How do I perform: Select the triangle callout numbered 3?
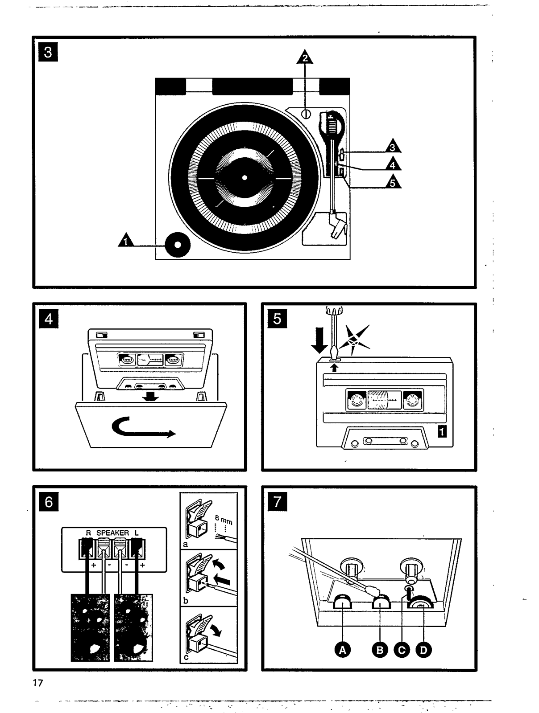[x=392, y=148]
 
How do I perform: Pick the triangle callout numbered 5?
[x=392, y=182]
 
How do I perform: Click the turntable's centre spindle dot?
[x=244, y=178]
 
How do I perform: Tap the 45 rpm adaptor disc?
[x=177, y=245]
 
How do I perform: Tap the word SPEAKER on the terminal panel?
[x=112, y=533]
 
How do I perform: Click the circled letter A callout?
[x=342, y=651]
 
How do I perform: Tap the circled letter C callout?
[x=402, y=651]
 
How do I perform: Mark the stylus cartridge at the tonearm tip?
[x=337, y=225]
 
